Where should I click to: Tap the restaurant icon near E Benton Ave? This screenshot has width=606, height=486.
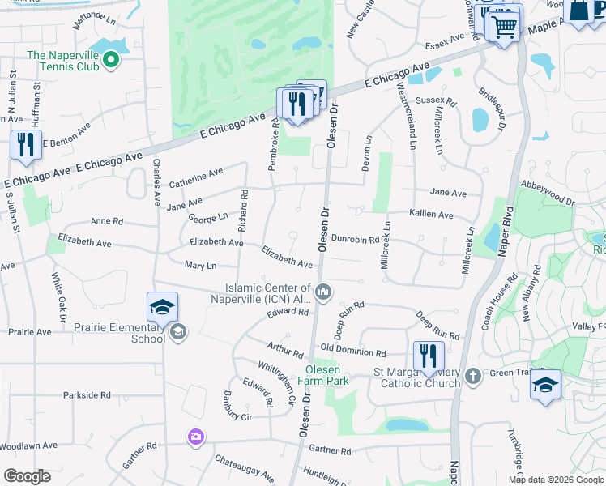click(25, 145)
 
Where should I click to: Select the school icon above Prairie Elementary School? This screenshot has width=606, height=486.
click(162, 307)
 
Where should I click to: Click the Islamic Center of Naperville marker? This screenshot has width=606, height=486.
click(323, 292)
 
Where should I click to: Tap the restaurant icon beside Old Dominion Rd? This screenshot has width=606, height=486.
click(429, 356)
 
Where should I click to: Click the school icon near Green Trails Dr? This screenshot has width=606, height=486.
click(546, 385)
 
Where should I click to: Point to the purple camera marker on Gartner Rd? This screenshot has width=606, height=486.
click(195, 437)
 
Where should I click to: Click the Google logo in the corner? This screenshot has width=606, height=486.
click(27, 475)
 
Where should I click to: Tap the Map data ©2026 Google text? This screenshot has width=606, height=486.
click(556, 480)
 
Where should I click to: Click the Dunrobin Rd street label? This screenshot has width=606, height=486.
click(355, 240)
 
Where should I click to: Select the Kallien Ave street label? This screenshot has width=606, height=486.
click(431, 215)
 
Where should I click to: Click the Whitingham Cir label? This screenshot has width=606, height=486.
click(276, 376)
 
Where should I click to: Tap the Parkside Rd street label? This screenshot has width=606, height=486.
click(87, 395)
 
